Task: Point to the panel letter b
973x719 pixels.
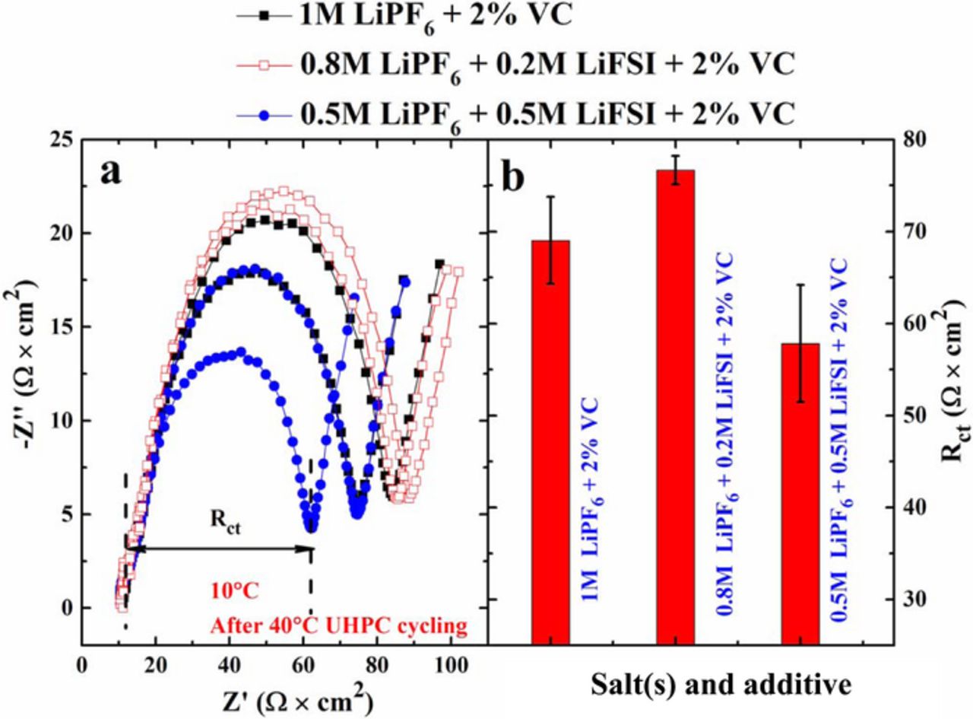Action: (x=514, y=177)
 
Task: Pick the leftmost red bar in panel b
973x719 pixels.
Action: (x=551, y=441)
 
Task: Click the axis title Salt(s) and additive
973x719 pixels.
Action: (x=721, y=684)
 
